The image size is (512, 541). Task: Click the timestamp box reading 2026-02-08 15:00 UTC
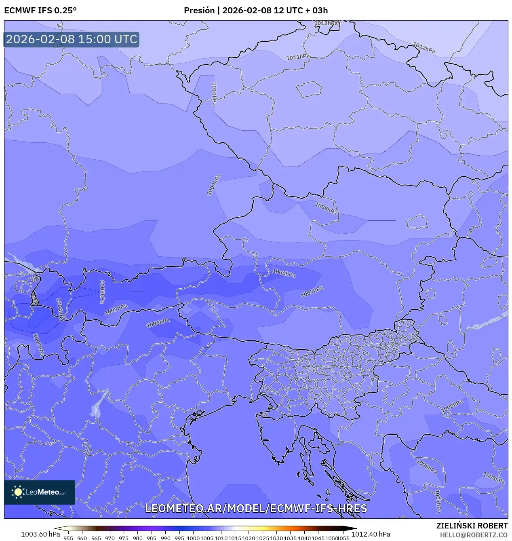click(x=72, y=39)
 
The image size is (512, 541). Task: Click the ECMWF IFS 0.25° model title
click(x=40, y=11)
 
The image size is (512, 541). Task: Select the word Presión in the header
click(x=199, y=11)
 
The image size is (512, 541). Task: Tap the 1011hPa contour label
click(x=298, y=57)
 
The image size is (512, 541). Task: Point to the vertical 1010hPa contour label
click(x=214, y=94)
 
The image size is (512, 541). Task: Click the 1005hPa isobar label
click(x=102, y=292)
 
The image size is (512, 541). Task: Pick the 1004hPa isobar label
click(x=59, y=309)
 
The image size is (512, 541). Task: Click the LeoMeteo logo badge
click(x=40, y=492)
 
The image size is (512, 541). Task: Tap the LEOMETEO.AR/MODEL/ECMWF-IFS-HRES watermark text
click(x=256, y=508)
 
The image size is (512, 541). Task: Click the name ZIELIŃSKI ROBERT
click(x=472, y=526)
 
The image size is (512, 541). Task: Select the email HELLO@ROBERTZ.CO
click(x=474, y=535)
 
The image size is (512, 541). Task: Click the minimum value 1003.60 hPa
click(x=40, y=534)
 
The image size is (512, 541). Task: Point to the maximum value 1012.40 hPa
click(x=371, y=534)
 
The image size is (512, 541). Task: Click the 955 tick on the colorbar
click(x=68, y=538)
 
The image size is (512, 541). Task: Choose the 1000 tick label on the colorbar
click(x=193, y=538)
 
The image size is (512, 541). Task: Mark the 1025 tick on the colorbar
click(x=263, y=538)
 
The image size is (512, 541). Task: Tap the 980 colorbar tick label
click(x=138, y=538)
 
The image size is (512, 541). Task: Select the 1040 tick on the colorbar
click(x=304, y=538)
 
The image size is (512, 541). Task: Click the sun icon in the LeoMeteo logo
click(x=18, y=492)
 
